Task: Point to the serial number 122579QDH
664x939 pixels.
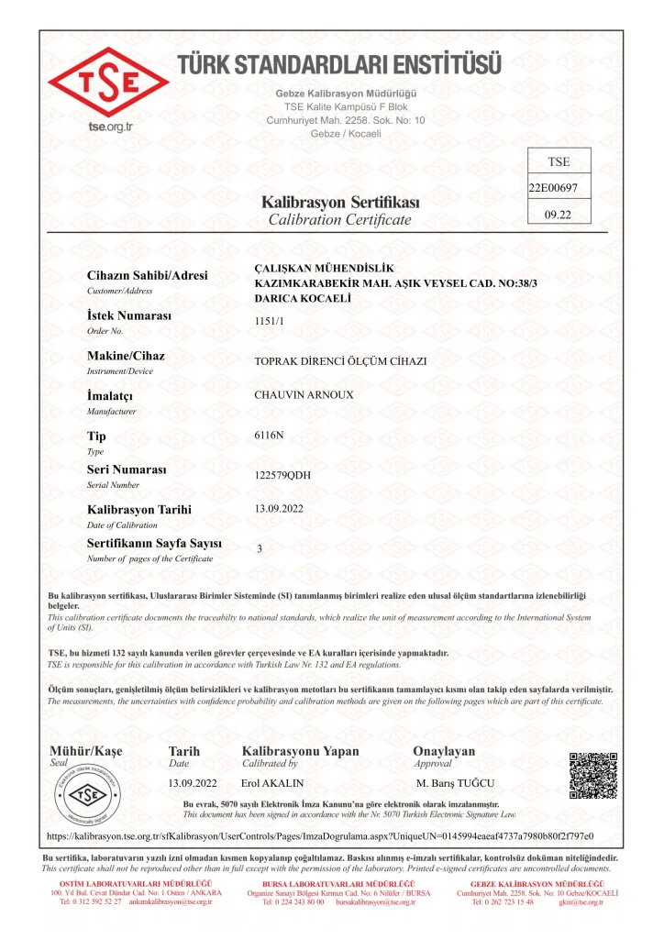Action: tap(282, 475)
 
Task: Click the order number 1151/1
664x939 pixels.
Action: tap(269, 321)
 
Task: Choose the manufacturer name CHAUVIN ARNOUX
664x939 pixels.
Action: tap(304, 395)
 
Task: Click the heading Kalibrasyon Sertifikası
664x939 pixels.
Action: tap(340, 202)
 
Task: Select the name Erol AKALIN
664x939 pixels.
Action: tap(272, 783)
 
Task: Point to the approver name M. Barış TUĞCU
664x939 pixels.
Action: tap(456, 783)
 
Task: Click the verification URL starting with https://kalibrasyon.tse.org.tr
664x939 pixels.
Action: tap(319, 836)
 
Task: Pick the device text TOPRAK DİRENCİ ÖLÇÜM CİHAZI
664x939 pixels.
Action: tap(340, 360)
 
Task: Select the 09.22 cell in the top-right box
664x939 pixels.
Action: tap(559, 215)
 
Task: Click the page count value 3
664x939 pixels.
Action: tap(260, 548)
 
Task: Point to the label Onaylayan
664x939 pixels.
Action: tap(444, 751)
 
